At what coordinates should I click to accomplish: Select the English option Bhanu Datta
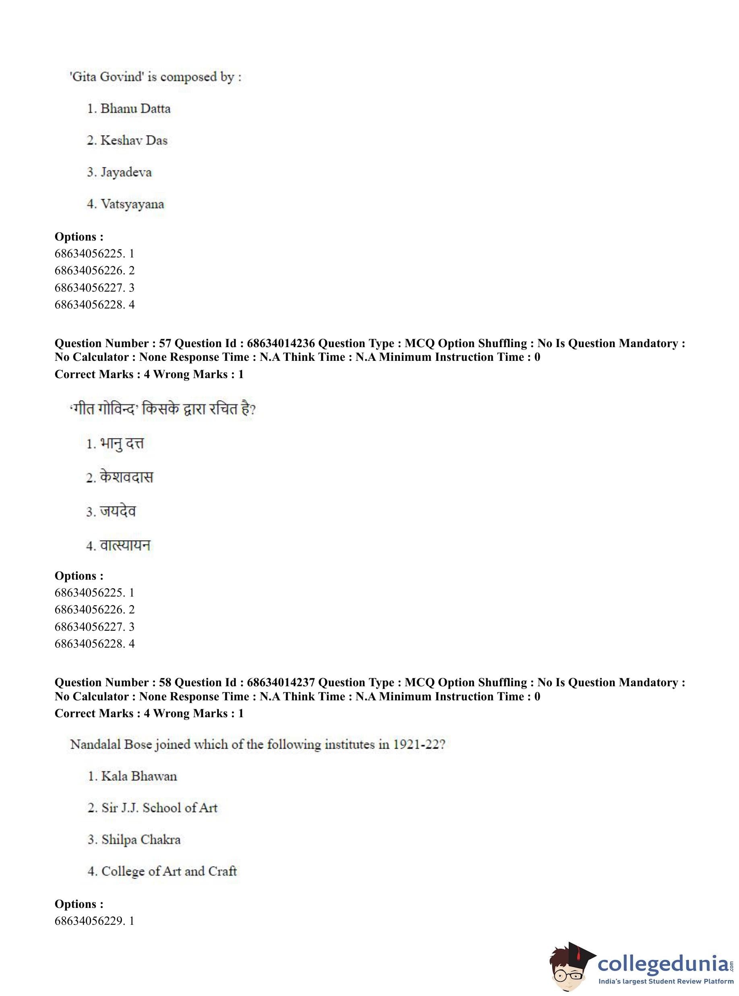point(135,109)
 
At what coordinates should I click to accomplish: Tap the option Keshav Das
point(134,140)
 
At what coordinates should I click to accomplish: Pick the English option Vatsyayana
point(132,204)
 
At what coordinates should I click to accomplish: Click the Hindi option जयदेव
point(118,511)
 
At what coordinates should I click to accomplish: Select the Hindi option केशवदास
point(127,477)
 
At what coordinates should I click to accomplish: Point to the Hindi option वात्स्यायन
point(125,545)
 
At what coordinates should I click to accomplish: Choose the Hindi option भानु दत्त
point(122,443)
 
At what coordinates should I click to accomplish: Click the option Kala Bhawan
point(139,776)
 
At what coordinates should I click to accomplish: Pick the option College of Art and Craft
point(169,871)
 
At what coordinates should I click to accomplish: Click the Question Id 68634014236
point(281,343)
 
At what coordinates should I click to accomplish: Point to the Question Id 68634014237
point(281,683)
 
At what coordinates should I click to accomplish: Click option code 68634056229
point(89,921)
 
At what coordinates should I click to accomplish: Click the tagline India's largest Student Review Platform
point(666,982)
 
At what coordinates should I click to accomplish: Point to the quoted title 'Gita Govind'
point(107,77)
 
